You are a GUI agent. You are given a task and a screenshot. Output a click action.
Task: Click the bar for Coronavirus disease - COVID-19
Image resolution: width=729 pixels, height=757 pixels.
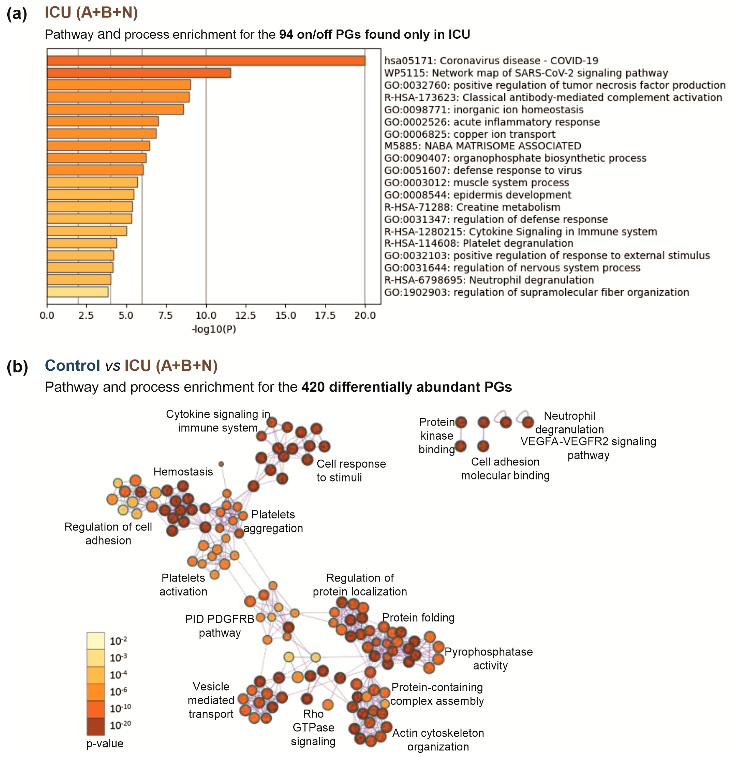pos(206,61)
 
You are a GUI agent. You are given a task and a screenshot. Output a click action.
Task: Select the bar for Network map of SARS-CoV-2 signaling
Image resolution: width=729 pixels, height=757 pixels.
pos(139,73)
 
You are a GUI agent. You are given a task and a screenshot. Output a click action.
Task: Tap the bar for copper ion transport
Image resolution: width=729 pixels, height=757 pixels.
pos(102,134)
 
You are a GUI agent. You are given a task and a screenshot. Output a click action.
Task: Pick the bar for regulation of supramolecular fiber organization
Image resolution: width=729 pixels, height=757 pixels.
pos(78,292)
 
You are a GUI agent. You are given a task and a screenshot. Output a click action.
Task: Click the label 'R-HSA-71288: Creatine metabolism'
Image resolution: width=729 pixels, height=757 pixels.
pos(472,207)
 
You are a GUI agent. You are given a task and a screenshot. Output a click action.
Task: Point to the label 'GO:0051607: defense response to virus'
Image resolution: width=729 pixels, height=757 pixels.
pos(482,170)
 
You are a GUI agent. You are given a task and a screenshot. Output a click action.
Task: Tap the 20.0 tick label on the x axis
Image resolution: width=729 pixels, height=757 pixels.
pos(365,316)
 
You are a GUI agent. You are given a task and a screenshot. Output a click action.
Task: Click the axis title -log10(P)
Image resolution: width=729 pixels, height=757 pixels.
pos(214,329)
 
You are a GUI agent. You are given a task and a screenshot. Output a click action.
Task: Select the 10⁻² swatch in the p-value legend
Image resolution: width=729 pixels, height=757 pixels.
pos(95,641)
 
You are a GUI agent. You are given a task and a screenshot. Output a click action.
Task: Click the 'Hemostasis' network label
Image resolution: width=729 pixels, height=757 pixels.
pos(183,472)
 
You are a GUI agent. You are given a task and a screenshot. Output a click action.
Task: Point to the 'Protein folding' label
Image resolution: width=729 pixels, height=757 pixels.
pos(418,618)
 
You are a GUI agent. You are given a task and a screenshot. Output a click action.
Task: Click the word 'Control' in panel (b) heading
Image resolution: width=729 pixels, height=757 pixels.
pos(72,365)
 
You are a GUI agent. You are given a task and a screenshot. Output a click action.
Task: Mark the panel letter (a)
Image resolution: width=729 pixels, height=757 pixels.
pos(17,14)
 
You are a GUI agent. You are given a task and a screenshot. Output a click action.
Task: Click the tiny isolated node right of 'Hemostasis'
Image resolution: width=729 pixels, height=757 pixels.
pos(221,464)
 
